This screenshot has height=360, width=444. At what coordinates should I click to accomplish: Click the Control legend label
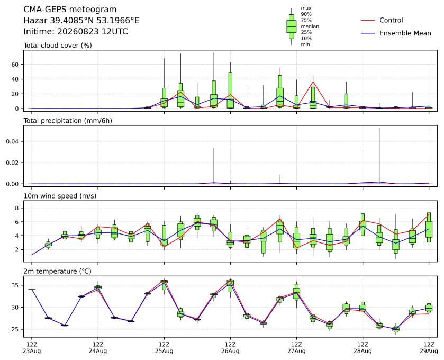(x=391, y=20)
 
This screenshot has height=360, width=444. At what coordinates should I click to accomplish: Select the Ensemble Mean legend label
(x=405, y=33)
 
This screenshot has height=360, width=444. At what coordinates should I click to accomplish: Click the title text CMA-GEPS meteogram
(x=70, y=10)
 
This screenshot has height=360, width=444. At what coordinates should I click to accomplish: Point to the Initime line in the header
(x=76, y=31)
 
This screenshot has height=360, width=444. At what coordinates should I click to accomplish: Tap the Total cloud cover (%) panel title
(x=58, y=46)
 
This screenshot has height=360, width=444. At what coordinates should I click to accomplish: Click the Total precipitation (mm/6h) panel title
(x=68, y=121)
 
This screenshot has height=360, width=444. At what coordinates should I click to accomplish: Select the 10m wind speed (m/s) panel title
(x=60, y=196)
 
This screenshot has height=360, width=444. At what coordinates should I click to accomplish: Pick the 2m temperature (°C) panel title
(x=58, y=272)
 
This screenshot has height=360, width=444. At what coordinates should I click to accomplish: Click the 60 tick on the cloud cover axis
(x=15, y=65)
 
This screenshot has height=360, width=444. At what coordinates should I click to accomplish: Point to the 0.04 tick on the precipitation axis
(x=13, y=141)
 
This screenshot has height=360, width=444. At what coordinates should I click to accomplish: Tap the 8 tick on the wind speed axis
(x=17, y=208)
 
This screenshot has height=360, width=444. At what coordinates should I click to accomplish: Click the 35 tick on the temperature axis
(x=15, y=285)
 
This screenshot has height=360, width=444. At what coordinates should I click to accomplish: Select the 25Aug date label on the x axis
(x=164, y=351)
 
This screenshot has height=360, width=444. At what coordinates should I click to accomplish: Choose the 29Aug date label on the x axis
(x=429, y=351)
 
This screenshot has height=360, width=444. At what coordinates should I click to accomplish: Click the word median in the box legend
(x=310, y=26)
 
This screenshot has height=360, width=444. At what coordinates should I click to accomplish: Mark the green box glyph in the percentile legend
(x=292, y=26)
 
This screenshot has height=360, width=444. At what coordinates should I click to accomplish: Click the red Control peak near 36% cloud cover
(x=313, y=82)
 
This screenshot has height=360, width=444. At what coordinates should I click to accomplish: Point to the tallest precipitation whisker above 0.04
(x=379, y=156)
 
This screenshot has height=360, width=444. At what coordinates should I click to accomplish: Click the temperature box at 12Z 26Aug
(x=231, y=283)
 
